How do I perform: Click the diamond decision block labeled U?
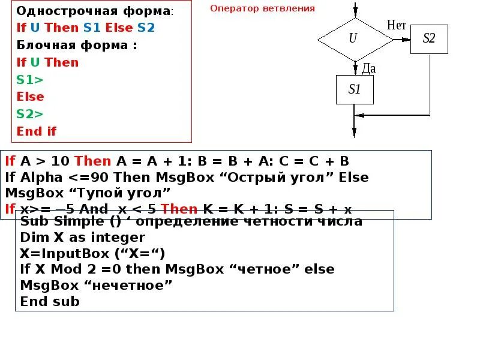[353, 38]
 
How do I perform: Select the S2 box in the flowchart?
[429, 39]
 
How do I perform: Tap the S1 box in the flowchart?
[355, 90]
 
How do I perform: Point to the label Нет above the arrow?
[397, 25]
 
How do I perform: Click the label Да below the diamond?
[368, 68]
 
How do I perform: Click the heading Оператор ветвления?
[262, 8]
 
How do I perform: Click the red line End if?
[37, 131]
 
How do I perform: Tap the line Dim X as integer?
[83, 237]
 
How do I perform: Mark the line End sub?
[50, 301]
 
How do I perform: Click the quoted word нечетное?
[130, 285]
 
